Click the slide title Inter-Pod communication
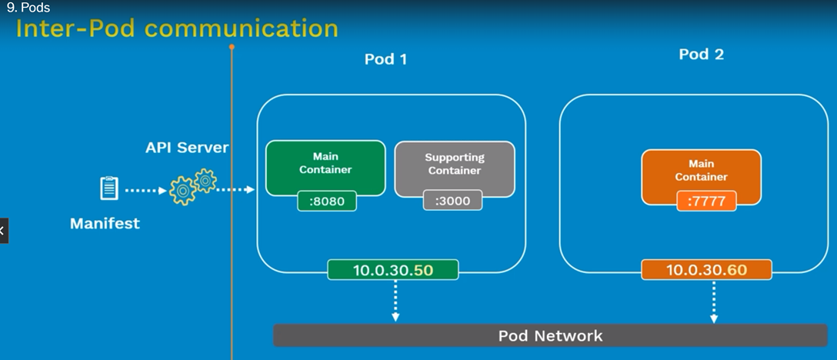point(177,28)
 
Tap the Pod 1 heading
point(386,59)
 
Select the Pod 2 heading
point(702,55)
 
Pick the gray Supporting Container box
point(454,168)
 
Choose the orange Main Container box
point(702,177)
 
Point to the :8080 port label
point(327,201)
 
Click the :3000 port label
point(452,202)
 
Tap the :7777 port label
point(707,201)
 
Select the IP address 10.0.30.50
point(393,270)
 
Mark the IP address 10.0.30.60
point(706,270)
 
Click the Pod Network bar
point(550,335)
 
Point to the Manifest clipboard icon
point(109,188)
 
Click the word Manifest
point(105,223)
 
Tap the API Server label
point(187,148)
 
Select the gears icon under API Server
point(192,186)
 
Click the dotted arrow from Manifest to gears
point(145,189)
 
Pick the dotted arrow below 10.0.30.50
point(395,301)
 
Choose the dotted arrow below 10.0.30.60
point(714,302)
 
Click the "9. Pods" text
point(28,8)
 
